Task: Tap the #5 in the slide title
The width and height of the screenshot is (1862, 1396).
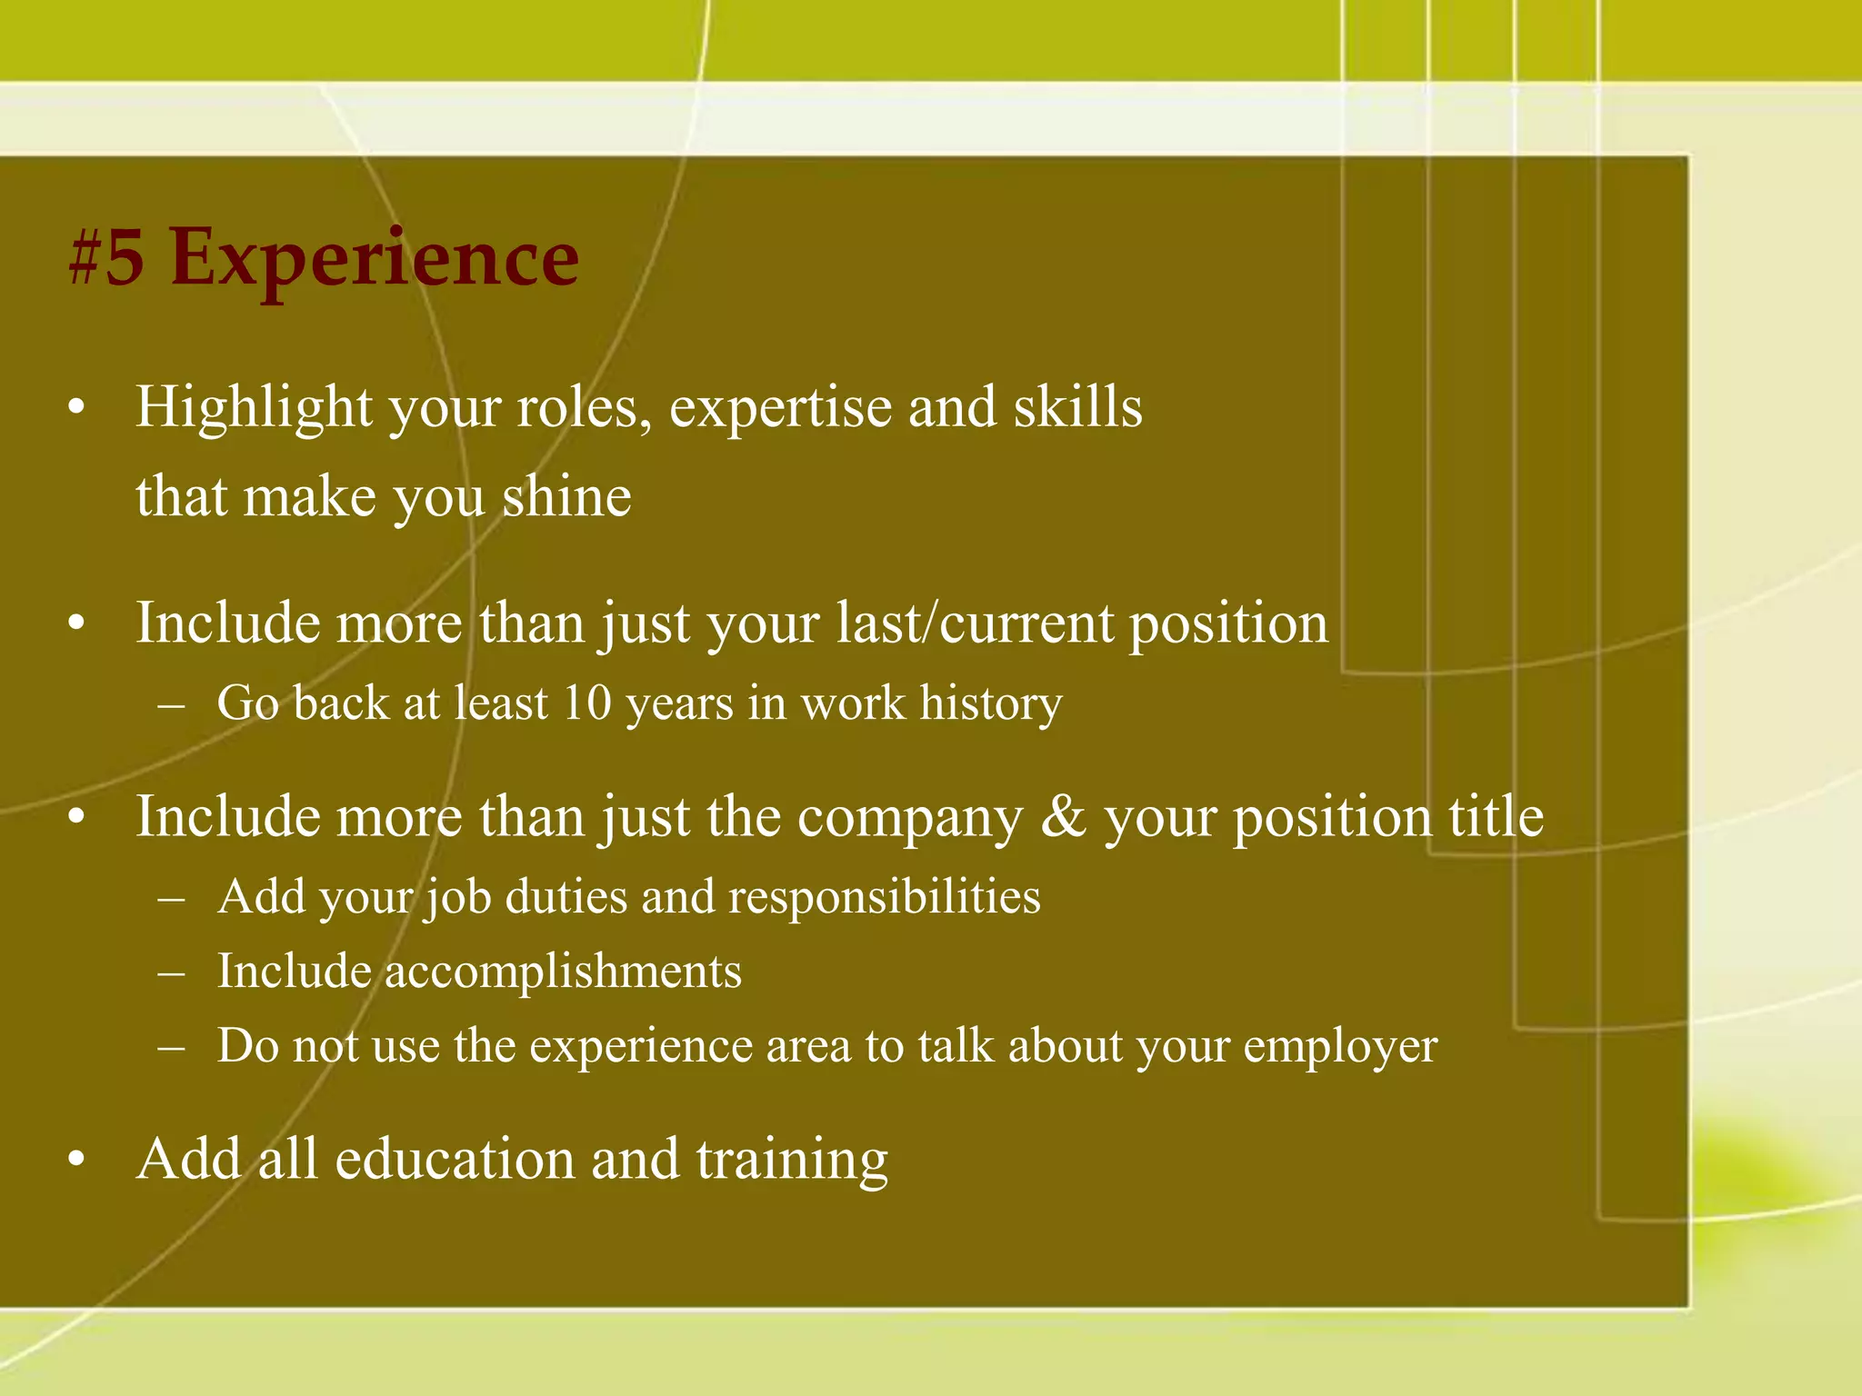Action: [107, 259]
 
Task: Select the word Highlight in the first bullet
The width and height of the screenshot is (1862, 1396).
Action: [254, 407]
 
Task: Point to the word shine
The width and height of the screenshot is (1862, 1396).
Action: [566, 497]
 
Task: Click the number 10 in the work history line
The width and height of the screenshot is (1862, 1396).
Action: [586, 703]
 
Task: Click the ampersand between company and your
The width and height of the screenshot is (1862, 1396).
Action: [1064, 816]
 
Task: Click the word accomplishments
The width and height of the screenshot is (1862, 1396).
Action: [563, 972]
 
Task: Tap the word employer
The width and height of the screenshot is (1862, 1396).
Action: [1340, 1046]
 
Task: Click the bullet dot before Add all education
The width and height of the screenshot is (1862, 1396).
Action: [77, 1161]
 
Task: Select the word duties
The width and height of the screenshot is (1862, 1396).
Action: [566, 897]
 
